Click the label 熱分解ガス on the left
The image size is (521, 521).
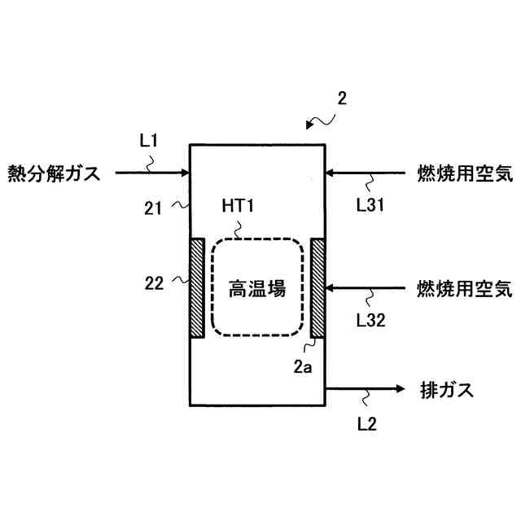(53, 173)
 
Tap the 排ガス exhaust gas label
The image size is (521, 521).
(446, 389)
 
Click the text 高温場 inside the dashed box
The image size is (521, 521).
(258, 288)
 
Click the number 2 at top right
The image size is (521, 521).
(342, 100)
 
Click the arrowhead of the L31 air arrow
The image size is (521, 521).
(331, 173)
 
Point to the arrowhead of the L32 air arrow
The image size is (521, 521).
(329, 288)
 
